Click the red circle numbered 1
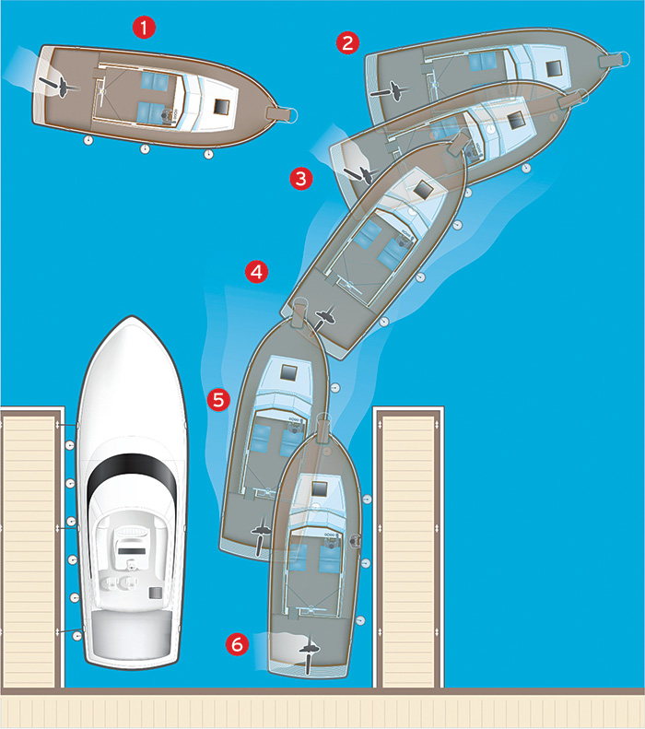(x=144, y=28)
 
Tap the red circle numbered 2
(x=347, y=42)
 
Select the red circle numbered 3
(x=301, y=179)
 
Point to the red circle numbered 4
(x=256, y=272)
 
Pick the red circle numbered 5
(x=219, y=400)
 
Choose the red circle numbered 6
(x=237, y=644)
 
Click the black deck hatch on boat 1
(x=222, y=108)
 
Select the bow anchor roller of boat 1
(x=282, y=113)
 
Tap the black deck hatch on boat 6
(x=319, y=488)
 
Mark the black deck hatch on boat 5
(x=288, y=372)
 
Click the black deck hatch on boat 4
(x=423, y=189)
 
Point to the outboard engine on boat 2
(x=391, y=90)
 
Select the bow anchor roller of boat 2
(x=615, y=60)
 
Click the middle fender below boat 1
(x=145, y=148)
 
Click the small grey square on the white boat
(x=155, y=593)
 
